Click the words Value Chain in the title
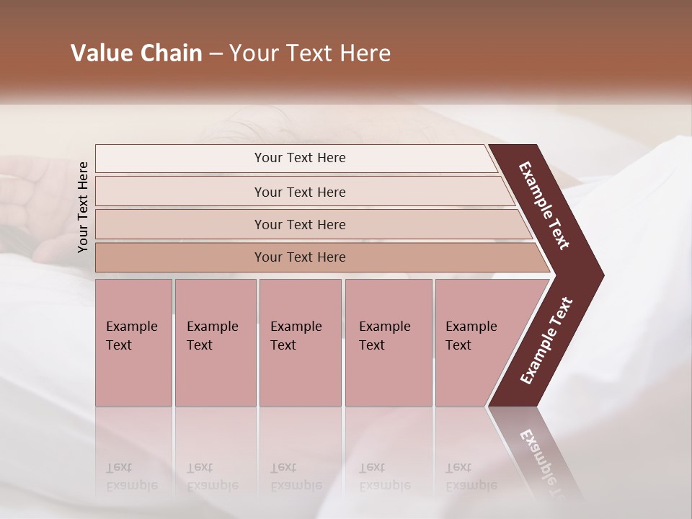(136, 53)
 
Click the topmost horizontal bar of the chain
(299, 158)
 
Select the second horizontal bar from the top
(299, 192)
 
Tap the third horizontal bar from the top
(299, 224)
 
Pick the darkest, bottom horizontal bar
(299, 257)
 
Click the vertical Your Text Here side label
(83, 207)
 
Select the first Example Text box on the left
(133, 342)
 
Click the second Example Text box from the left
(215, 342)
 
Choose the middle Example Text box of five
(300, 342)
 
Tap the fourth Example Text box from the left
(388, 342)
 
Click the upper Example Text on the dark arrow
(544, 205)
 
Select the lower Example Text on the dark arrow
(546, 341)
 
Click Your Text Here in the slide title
(310, 53)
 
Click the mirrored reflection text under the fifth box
(471, 477)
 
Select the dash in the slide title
(216, 54)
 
